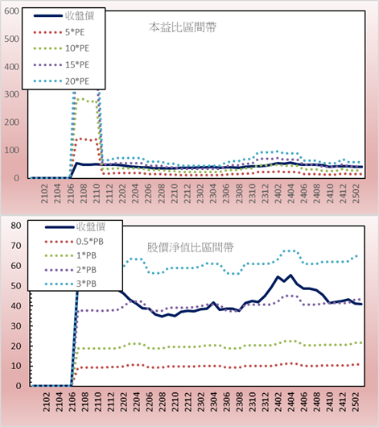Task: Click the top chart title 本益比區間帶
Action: click(x=183, y=27)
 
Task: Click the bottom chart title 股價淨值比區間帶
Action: click(x=190, y=247)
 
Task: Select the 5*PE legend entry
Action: click(x=59, y=32)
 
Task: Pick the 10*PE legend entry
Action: click(x=61, y=48)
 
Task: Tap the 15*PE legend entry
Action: click(x=61, y=64)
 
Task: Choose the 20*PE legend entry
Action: click(x=61, y=81)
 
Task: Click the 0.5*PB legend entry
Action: click(x=74, y=242)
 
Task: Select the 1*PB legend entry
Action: click(x=71, y=255)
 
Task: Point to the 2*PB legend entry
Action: click(x=71, y=270)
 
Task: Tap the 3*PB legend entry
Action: click(x=71, y=284)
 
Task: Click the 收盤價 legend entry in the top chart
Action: click(x=64, y=16)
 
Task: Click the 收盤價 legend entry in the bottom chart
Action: click(x=75, y=226)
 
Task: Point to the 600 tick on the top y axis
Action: click(x=11, y=11)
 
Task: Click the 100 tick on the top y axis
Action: click(x=11, y=150)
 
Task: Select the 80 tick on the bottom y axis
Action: click(x=16, y=226)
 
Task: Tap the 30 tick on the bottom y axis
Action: click(x=16, y=326)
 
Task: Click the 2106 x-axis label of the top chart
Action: click(x=71, y=193)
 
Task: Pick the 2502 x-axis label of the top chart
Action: click(x=356, y=193)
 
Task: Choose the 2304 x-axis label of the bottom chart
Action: click(x=213, y=402)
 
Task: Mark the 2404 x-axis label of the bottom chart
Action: click(x=291, y=402)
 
